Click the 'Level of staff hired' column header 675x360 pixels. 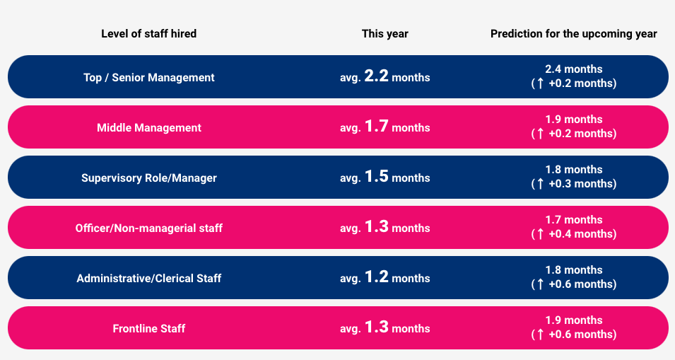148,33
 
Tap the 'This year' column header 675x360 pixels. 385,33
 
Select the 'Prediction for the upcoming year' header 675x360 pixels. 573,33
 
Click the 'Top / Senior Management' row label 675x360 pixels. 148,77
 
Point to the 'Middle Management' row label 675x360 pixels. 148,127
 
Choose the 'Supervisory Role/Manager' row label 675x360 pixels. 148,178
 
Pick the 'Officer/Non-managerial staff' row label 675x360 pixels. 148,228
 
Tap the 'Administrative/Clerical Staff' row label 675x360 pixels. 148,278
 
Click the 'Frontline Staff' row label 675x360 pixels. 148,328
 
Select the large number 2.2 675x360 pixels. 376,76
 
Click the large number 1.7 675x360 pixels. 376,127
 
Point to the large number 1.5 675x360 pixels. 376,177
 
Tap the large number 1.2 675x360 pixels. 376,277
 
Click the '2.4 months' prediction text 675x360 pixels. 573,69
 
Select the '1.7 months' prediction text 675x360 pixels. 573,220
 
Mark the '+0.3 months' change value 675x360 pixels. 580,184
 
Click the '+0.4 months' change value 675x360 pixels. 580,234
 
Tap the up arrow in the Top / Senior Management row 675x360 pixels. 540,83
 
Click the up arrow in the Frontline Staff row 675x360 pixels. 540,335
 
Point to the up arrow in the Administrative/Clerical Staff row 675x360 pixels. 540,284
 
